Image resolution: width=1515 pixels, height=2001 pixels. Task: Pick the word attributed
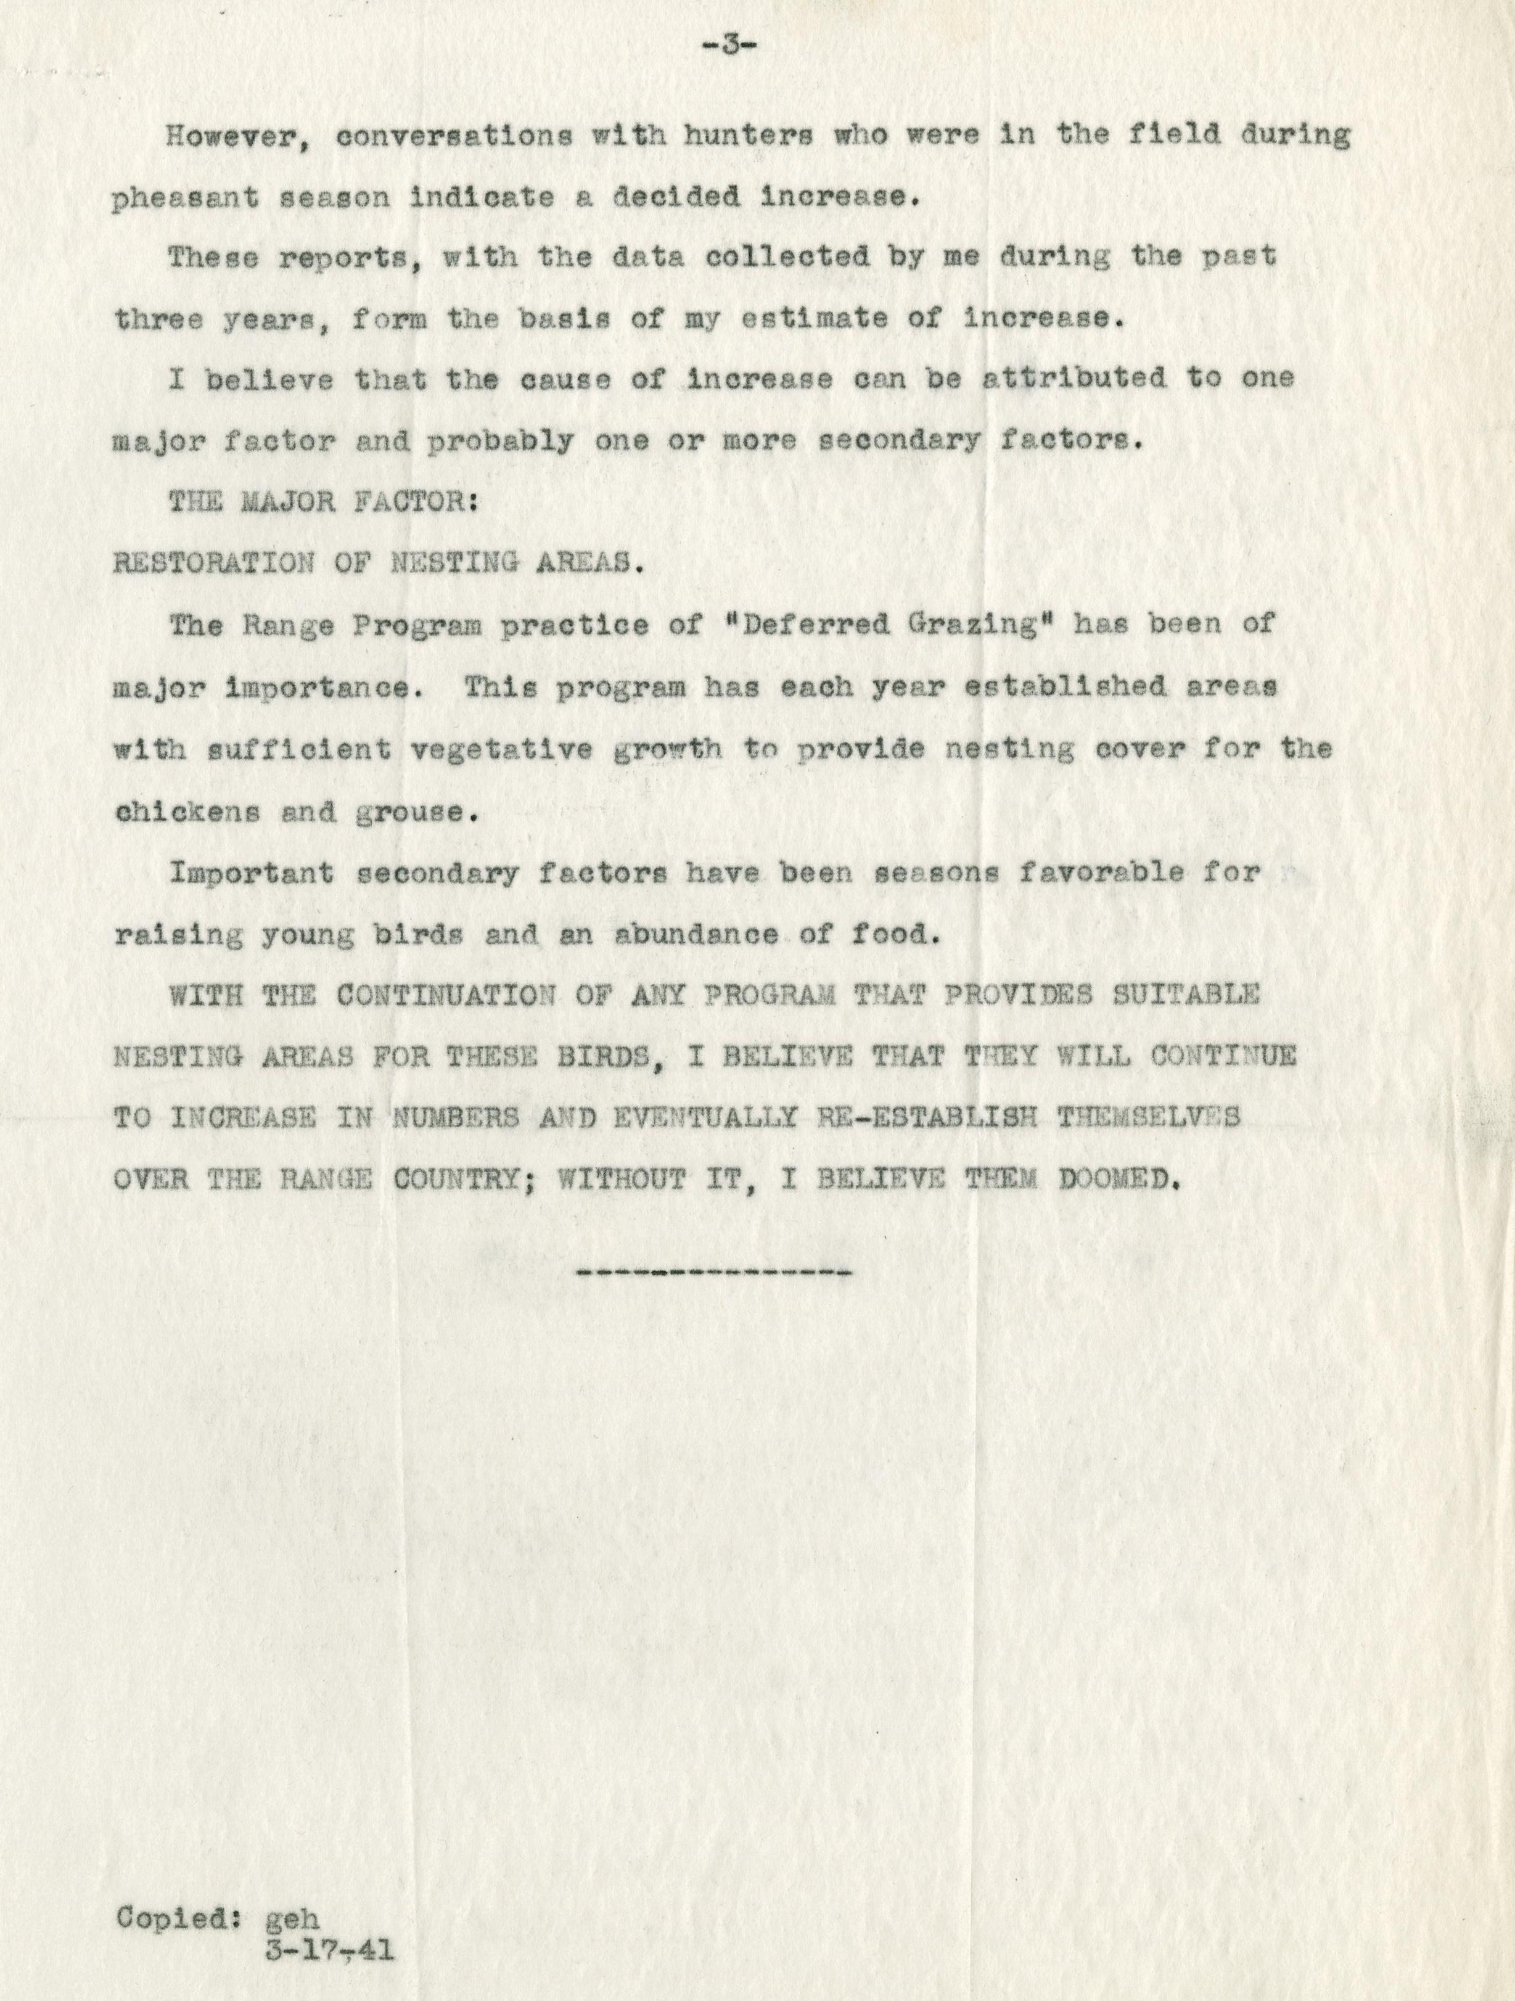pyautogui.click(x=1074, y=379)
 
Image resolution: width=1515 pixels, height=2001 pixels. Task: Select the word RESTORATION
pyautogui.click(x=213, y=564)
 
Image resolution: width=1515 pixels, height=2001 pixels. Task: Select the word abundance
pyautogui.click(x=696, y=934)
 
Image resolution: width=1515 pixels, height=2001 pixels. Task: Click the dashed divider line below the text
pyautogui.click(x=713, y=1274)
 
